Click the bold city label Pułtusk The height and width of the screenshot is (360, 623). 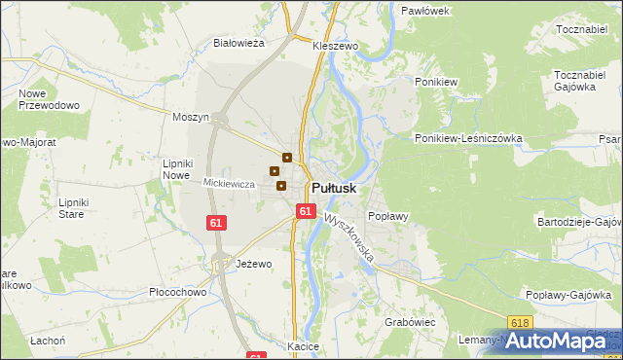tap(334, 188)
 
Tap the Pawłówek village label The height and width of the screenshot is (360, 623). tap(424, 10)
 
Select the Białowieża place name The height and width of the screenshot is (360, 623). tap(239, 43)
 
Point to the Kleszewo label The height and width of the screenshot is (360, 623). tap(336, 46)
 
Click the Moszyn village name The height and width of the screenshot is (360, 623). tap(191, 117)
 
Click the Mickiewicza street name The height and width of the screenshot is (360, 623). tap(229, 183)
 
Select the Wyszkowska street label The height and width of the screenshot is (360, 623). tap(351, 238)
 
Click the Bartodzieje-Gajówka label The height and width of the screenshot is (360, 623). tap(579, 222)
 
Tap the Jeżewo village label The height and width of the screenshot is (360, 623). tap(254, 264)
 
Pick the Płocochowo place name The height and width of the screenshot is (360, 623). tap(177, 292)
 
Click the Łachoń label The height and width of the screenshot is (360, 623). tap(47, 341)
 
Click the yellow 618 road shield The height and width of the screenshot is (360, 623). tap(520, 321)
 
